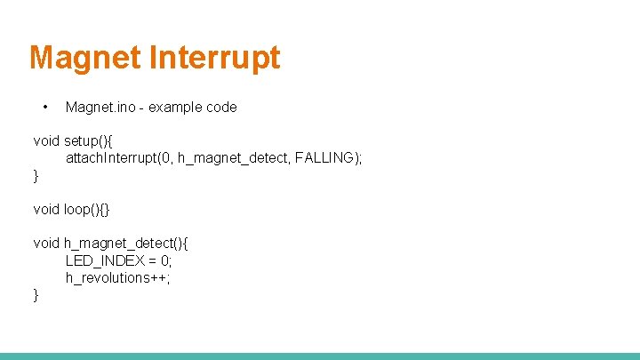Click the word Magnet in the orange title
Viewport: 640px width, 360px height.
pyautogui.click(x=85, y=58)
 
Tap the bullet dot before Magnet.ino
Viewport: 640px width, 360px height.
pyautogui.click(x=44, y=108)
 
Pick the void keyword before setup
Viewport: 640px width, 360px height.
pyautogui.click(x=46, y=140)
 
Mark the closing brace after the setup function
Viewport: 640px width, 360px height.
pyautogui.click(x=36, y=175)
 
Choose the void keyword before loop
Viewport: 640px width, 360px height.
pyautogui.click(x=46, y=210)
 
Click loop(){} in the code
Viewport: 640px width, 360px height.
pyautogui.click(x=86, y=210)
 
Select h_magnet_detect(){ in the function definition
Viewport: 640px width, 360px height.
pyautogui.click(x=126, y=244)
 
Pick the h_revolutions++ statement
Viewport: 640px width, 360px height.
pyautogui.click(x=117, y=277)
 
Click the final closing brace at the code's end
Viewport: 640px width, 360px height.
pyautogui.click(x=36, y=295)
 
